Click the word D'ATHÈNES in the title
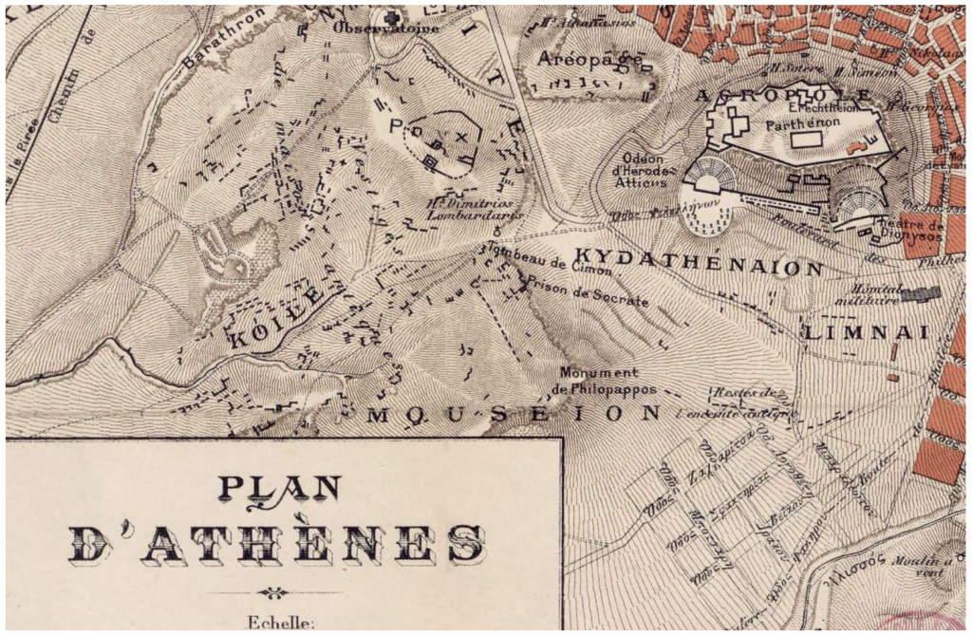(x=277, y=543)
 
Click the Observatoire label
(x=386, y=28)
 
